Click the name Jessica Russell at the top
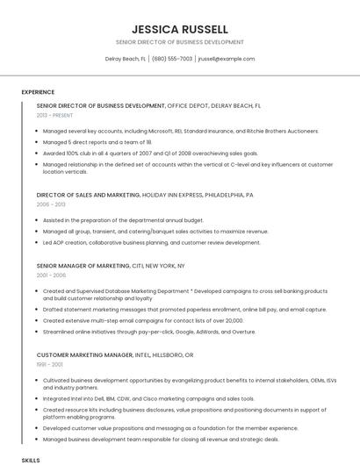point(179,28)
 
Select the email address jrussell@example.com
point(226,59)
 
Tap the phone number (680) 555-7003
point(172,59)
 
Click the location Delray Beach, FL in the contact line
point(126,59)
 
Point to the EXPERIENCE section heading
point(38,92)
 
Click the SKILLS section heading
point(31,459)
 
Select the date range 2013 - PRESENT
point(54,115)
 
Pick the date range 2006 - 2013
point(51,204)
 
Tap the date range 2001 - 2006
point(51,275)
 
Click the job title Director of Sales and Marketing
point(88,195)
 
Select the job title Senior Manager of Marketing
point(83,265)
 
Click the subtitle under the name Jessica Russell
point(179,41)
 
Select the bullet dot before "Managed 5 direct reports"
point(38,141)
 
